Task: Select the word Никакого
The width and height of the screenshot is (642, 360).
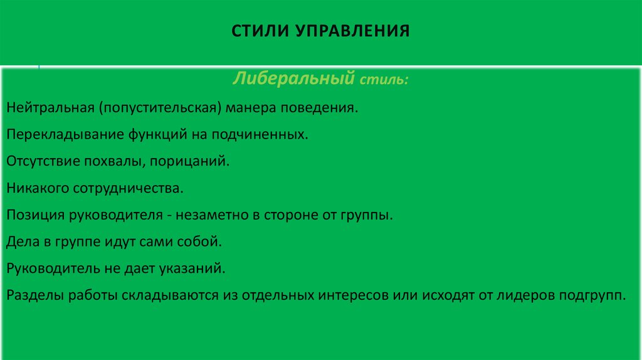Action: [38, 188]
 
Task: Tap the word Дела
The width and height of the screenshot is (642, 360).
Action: [23, 241]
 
